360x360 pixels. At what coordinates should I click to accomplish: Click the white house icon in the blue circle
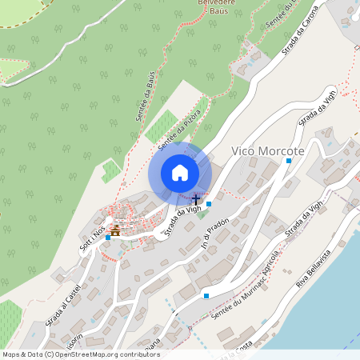179,172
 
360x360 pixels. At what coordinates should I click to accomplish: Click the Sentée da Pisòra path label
178,130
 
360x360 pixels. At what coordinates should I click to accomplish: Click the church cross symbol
195,198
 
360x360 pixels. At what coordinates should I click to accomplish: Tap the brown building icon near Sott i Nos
115,231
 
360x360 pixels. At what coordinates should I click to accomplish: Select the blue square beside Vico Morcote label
289,161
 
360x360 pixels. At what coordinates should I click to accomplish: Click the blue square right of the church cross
210,204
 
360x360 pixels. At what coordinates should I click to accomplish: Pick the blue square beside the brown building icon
107,237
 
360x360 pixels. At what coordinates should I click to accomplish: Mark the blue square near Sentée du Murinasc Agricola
206,296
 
